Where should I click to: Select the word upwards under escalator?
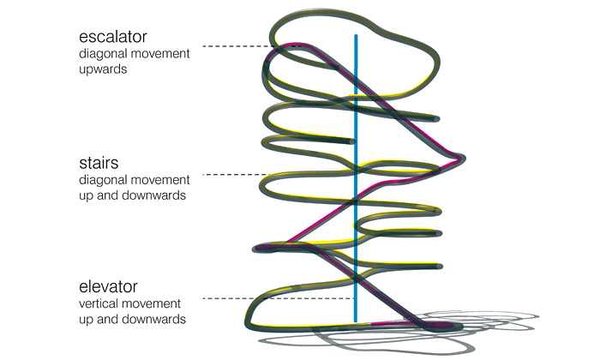(x=103, y=69)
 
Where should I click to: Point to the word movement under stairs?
(x=158, y=181)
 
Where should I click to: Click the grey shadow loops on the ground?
(x=506, y=324)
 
